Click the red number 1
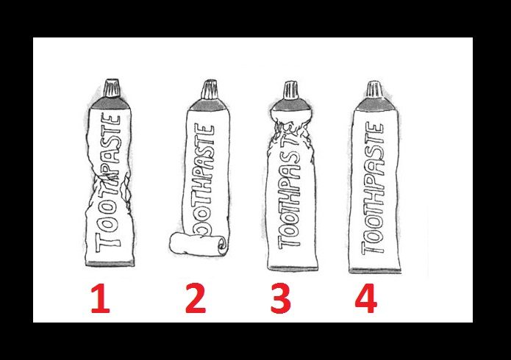pyautogui.click(x=101, y=298)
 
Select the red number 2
pyautogui.click(x=196, y=298)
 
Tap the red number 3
pyautogui.click(x=281, y=298)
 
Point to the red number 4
pyautogui.click(x=366, y=298)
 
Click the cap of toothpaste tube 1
pyautogui.click(x=112, y=87)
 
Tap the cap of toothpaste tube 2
pyautogui.click(x=209, y=89)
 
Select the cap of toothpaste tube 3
pyautogui.click(x=290, y=90)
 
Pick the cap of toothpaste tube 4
pyautogui.click(x=374, y=89)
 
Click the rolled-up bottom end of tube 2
pyautogui.click(x=198, y=245)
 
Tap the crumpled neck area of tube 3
pyautogui.click(x=290, y=134)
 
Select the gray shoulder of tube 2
pyautogui.click(x=208, y=104)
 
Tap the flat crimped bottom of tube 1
pyautogui.click(x=110, y=263)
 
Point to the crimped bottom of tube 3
pyautogui.click(x=293, y=268)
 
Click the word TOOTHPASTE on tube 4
pyautogui.click(x=374, y=188)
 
